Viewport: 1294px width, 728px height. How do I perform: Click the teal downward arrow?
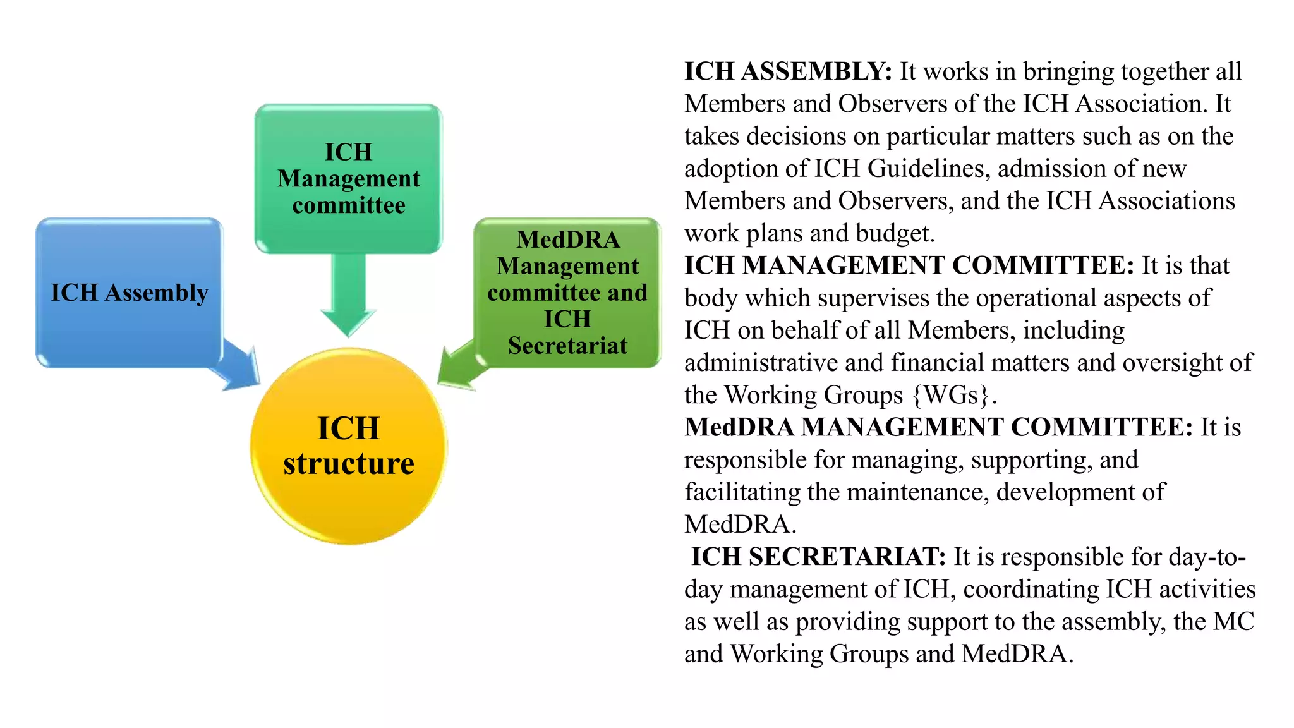pos(348,297)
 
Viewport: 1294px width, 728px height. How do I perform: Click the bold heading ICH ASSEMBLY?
pos(787,71)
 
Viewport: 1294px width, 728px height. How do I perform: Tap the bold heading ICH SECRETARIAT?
pos(818,557)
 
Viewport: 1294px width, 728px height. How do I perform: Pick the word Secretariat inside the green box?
pos(567,346)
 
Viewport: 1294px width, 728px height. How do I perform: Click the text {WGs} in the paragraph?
pos(951,395)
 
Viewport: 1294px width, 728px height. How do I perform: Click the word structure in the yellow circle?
pos(349,464)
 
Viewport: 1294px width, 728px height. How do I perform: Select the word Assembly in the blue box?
pos(157,293)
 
